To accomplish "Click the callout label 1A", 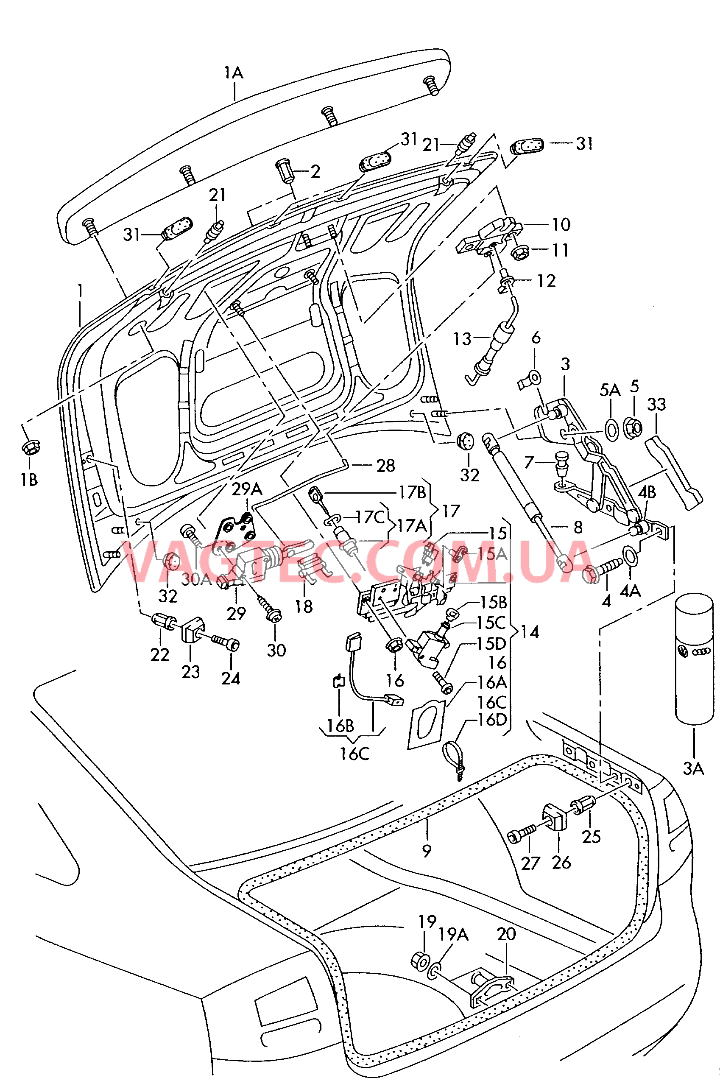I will click(234, 73).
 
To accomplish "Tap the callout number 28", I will click(386, 466).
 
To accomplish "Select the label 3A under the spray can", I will click(693, 768).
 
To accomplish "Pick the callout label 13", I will click(462, 339).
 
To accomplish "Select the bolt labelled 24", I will click(226, 643).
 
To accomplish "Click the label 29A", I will click(247, 489).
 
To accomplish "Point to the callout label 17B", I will click(412, 493).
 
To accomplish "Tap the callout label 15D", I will click(491, 644).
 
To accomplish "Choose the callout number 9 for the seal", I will click(427, 851).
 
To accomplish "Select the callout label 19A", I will click(453, 934).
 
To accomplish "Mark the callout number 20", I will click(506, 934).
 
